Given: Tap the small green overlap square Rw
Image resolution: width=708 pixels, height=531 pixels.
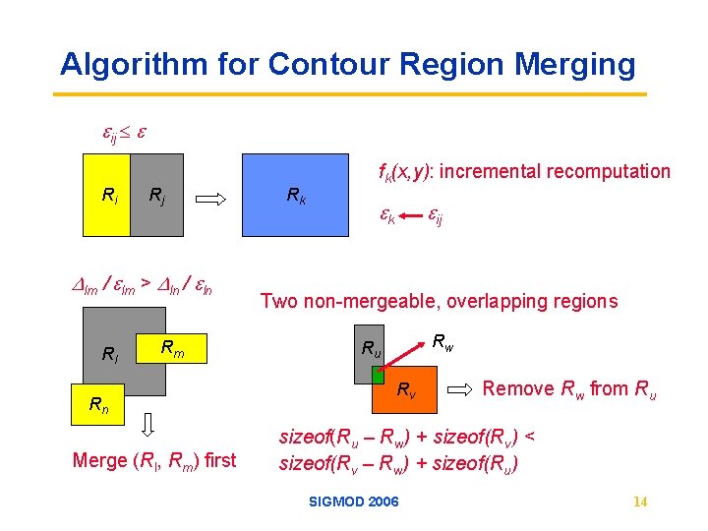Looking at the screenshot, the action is pyautogui.click(x=377, y=375).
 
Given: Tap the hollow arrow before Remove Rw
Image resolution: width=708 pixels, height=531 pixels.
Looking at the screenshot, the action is pyautogui.click(x=459, y=390).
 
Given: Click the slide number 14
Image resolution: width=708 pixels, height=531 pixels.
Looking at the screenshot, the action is pyautogui.click(x=640, y=502).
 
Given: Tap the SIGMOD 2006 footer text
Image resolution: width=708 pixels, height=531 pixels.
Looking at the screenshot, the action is pyautogui.click(x=354, y=501).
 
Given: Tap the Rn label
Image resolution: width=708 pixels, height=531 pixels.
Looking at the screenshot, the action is pyautogui.click(x=98, y=403).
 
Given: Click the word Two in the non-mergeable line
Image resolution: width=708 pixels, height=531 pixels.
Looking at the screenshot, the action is pyautogui.click(x=276, y=301).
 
